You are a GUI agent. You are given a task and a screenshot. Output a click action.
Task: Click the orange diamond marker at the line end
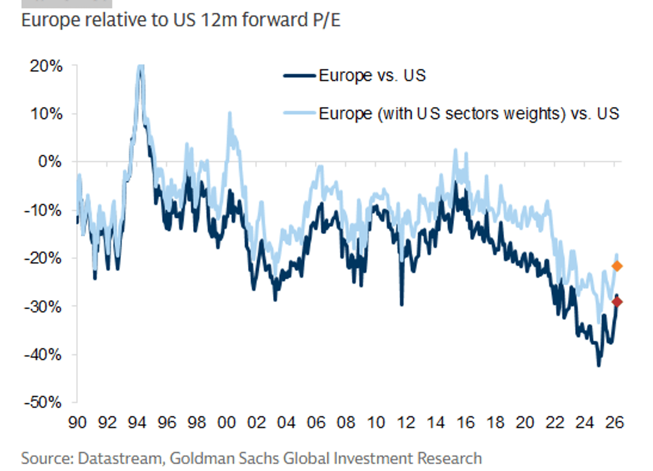coord(617,266)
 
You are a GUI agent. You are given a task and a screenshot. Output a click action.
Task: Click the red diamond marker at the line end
coord(617,302)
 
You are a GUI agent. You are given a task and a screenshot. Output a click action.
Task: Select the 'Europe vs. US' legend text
coord(372,76)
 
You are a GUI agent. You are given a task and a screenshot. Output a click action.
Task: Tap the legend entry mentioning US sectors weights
coord(469,114)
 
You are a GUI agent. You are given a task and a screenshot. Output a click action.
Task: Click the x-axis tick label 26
coord(615,423)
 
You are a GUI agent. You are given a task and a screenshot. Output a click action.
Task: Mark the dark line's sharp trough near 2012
coord(402,305)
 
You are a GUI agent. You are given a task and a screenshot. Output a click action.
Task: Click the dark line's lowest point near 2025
coord(599,365)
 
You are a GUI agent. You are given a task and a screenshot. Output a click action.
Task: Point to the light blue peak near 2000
coord(229,113)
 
